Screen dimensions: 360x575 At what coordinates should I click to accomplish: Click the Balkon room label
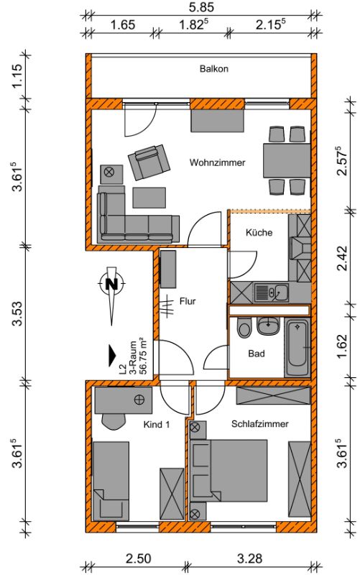213,68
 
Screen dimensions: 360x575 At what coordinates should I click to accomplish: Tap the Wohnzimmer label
217,162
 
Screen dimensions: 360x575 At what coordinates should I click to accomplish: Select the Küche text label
259,232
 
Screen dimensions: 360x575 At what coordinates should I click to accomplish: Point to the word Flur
188,301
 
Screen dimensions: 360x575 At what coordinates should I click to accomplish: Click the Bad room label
257,354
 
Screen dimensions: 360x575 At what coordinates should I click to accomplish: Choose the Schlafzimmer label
259,423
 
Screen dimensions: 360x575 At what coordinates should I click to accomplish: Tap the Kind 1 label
156,424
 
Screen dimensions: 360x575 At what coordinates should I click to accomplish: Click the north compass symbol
112,283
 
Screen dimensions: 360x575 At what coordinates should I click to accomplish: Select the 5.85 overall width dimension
201,7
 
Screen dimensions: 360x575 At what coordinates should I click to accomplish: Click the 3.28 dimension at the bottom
249,558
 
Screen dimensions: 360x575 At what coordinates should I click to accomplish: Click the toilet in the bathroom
243,328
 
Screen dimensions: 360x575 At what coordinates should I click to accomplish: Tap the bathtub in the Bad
297,348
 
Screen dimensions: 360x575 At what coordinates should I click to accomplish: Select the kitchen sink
271,293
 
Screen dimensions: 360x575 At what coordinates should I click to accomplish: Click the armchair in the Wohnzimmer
149,162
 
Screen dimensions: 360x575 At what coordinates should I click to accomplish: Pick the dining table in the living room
287,160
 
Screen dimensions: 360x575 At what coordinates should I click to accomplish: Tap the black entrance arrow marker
112,355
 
